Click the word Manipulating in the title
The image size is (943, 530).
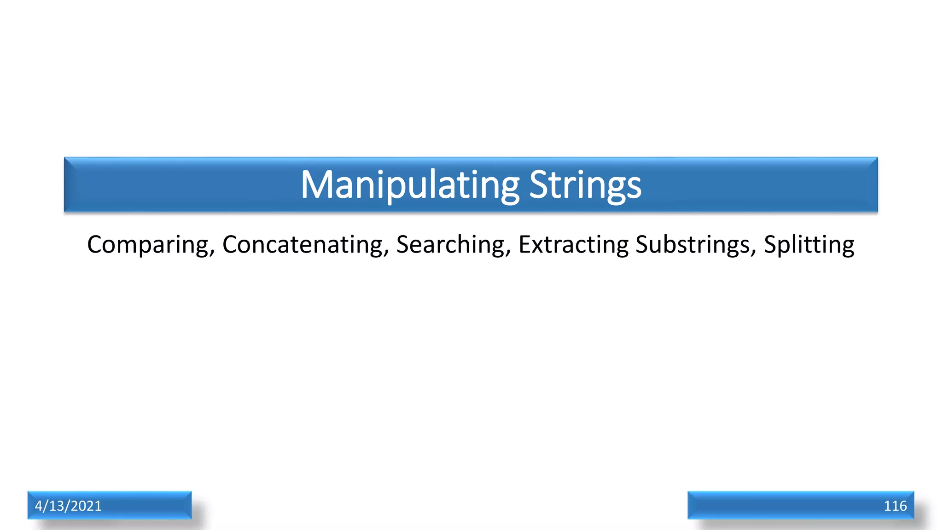(x=410, y=185)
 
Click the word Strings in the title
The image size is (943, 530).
(x=585, y=185)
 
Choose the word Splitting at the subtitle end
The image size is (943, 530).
(x=809, y=245)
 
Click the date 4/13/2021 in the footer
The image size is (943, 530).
(x=68, y=506)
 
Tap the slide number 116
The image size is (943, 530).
(x=895, y=506)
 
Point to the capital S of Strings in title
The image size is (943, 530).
(x=538, y=185)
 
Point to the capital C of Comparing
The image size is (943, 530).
(x=95, y=244)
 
